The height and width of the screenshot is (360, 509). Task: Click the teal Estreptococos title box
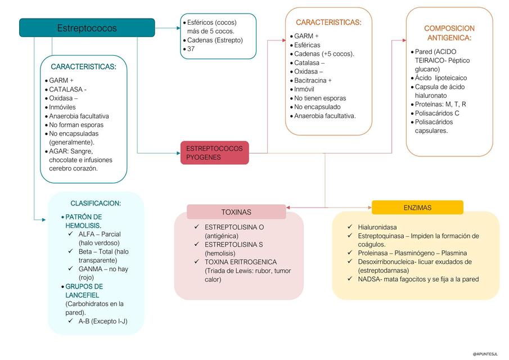87,28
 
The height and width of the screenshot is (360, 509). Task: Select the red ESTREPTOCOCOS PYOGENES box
214,152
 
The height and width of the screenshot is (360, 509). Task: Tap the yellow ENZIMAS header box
417,208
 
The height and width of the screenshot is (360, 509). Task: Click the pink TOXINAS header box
236,212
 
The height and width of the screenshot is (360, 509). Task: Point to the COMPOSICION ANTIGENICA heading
449,33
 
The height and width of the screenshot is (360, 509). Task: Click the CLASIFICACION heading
96,203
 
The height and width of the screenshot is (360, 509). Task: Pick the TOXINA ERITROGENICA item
241,262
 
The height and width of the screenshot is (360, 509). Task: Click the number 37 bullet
192,49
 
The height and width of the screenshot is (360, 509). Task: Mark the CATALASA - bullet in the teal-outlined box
67,89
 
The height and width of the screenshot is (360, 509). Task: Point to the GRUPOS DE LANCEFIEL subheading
84,291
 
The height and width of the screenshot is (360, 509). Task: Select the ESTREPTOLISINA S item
234,245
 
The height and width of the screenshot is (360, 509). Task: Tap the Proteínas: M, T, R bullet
440,105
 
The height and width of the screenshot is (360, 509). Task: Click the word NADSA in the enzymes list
368,279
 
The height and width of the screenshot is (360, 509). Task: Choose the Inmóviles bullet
62,107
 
